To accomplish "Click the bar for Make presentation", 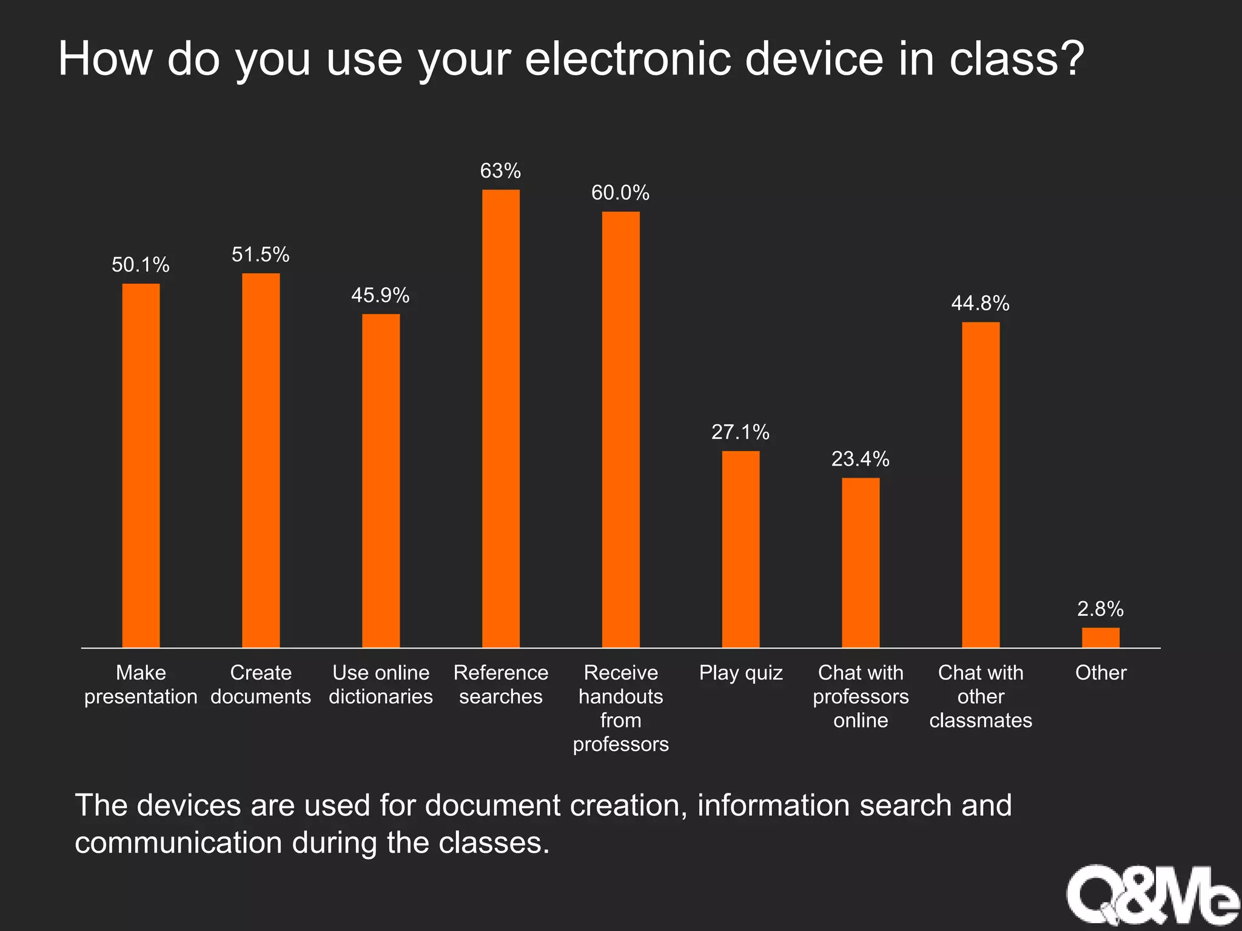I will point(141,465).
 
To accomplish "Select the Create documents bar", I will point(261,461).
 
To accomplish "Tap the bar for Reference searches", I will point(501,418).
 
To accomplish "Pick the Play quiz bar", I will point(740,549).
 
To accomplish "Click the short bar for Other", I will point(1101,638).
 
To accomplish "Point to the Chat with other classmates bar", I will point(981,485).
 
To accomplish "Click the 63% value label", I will point(500,172).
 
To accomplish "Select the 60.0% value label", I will point(620,193).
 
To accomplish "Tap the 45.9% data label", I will point(380,296).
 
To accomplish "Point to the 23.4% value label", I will point(860,459).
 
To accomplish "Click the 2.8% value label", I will point(1100,609).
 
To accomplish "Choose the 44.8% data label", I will point(980,304).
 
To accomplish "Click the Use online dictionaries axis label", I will point(381,685).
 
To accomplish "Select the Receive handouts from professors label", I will point(620,708).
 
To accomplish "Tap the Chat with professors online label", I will point(861,696).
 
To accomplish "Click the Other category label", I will point(1101,673).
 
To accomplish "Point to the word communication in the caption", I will point(178,843).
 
